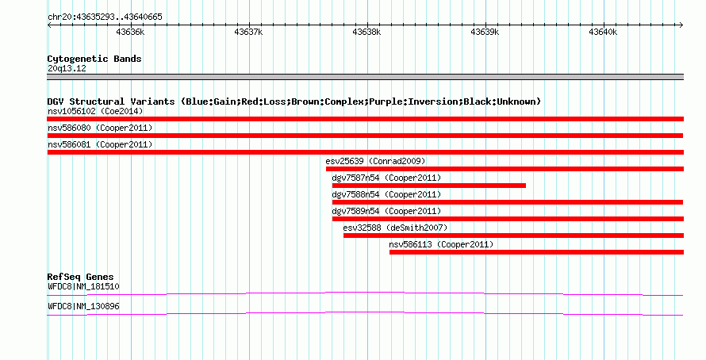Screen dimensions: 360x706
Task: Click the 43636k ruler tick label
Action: point(129,33)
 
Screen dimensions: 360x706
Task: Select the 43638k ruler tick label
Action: point(366,33)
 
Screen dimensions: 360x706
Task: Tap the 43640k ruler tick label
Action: point(603,33)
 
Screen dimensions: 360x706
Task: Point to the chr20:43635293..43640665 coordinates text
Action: point(105,17)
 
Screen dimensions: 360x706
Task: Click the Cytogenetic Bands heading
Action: point(94,59)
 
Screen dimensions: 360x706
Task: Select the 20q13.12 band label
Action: point(67,68)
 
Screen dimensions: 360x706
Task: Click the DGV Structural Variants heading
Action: point(294,101)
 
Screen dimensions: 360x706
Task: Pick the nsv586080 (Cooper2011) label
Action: point(100,128)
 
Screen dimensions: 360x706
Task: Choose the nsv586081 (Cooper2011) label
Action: point(100,144)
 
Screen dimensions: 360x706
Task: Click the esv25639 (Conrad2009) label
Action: point(375,161)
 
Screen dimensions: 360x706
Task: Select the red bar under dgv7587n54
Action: point(428,186)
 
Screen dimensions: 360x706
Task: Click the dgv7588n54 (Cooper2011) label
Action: point(386,194)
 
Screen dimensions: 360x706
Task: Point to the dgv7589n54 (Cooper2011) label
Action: point(386,211)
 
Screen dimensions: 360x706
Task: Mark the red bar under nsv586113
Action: point(536,252)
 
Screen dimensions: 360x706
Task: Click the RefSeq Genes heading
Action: point(80,277)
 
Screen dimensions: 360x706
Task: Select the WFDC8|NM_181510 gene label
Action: point(83,286)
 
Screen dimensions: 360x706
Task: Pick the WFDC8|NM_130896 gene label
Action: point(83,306)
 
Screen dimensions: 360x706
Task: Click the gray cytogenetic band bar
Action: point(365,77)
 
